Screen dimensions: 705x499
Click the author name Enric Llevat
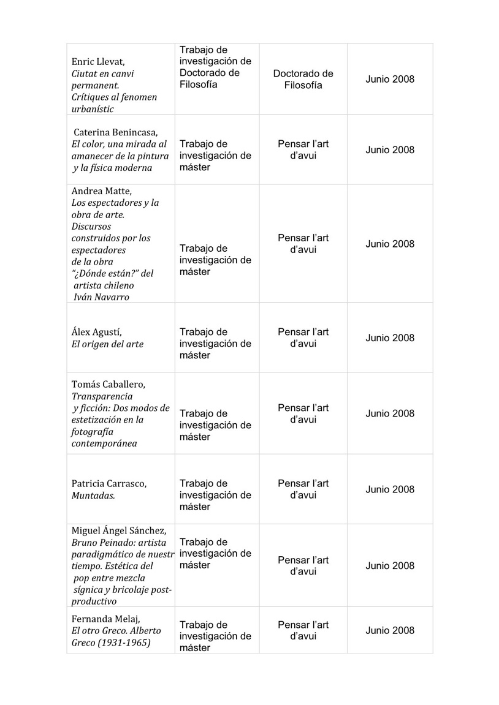(x=98, y=62)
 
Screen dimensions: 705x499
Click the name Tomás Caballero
(x=109, y=385)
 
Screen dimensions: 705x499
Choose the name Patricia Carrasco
(x=109, y=484)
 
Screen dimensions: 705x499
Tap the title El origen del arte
(x=107, y=344)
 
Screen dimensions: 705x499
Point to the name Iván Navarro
(x=100, y=297)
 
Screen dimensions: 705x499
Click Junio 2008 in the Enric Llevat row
(x=390, y=79)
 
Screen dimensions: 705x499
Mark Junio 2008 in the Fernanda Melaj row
(x=390, y=630)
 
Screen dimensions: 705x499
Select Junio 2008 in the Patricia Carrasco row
(x=390, y=489)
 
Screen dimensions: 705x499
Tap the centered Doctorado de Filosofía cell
(x=303, y=79)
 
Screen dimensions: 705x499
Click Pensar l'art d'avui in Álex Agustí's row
(x=303, y=337)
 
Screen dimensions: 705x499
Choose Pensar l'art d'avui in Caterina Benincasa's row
(x=303, y=150)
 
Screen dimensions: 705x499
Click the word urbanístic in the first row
(x=93, y=109)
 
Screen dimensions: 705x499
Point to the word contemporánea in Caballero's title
(x=102, y=443)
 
